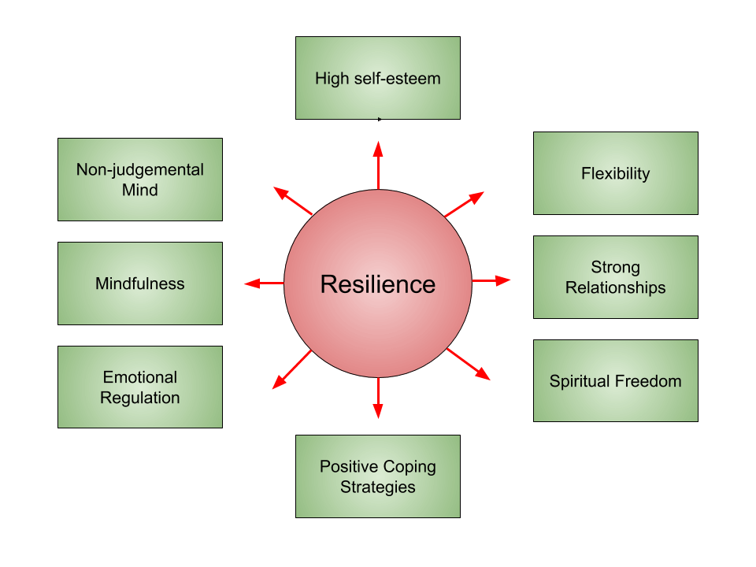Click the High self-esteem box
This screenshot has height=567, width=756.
pos(378,78)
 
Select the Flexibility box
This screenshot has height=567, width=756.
pos(615,173)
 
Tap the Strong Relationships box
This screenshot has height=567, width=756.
pos(615,277)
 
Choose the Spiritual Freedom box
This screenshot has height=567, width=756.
pos(615,381)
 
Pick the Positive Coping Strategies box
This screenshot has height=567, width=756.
pos(378,476)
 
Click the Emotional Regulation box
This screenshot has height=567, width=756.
pos(140,387)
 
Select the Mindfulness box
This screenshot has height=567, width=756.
pos(140,283)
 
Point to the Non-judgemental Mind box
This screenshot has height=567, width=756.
pos(140,180)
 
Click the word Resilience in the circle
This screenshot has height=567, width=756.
pos(378,284)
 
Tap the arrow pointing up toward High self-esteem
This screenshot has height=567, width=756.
pos(378,165)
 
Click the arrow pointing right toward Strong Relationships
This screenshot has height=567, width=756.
pos(491,280)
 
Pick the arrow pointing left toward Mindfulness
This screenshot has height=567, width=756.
pos(263,283)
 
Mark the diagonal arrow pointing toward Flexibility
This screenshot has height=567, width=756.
pos(465,204)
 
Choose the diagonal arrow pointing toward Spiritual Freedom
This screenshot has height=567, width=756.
pos(469,365)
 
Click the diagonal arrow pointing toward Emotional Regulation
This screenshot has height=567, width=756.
pos(291,370)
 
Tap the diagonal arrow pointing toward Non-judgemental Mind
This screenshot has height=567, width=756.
pos(293,201)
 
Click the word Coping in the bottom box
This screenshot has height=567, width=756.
pos(409,466)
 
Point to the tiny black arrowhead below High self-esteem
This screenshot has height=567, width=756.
pos(380,120)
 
